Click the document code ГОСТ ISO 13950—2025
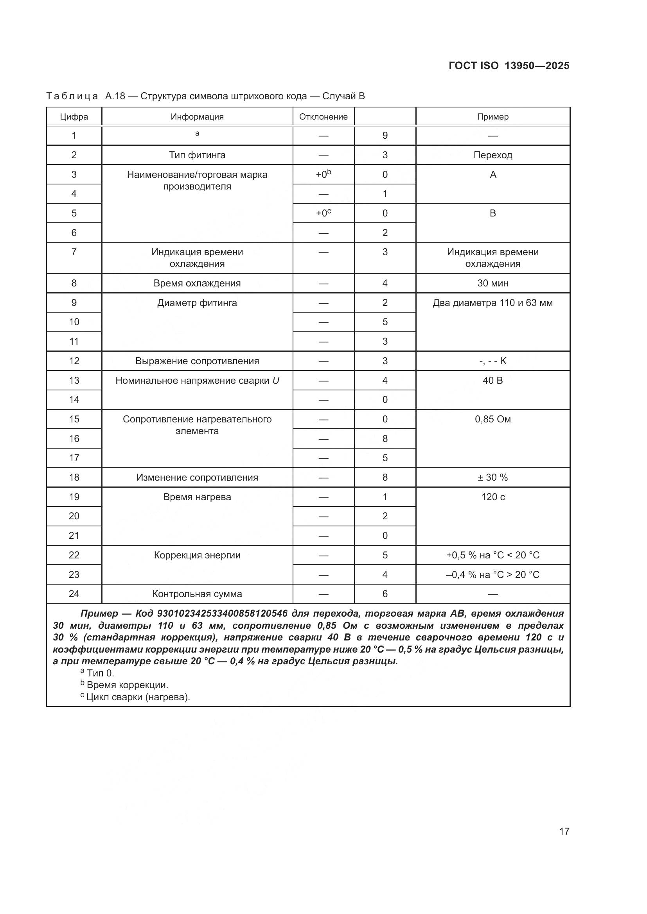point(509,66)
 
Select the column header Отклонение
point(323,116)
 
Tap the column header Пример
point(492,116)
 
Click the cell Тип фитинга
point(197,155)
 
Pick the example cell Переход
point(492,155)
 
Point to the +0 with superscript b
point(323,174)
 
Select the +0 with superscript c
point(323,213)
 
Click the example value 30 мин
point(492,283)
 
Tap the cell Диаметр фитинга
point(197,302)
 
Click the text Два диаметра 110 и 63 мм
point(492,302)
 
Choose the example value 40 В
point(492,380)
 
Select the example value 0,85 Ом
point(492,419)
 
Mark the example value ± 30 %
point(492,477)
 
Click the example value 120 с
point(492,497)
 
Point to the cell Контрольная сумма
point(197,594)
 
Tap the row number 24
point(74,594)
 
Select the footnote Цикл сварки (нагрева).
point(138,697)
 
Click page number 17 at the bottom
point(564,831)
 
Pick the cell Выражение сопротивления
point(197,361)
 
